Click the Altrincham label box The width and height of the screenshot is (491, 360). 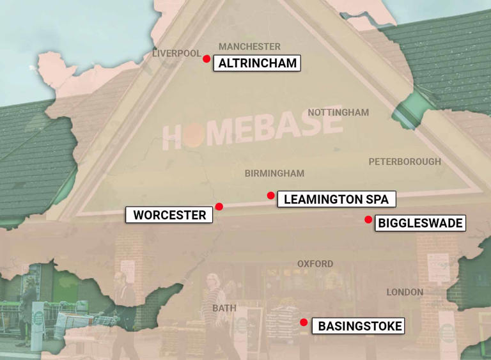(257, 63)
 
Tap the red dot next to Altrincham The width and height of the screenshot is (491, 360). (207, 59)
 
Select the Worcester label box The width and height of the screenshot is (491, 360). (169, 215)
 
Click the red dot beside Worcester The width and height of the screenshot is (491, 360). (219, 207)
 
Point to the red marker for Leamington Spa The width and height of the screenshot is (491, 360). (271, 196)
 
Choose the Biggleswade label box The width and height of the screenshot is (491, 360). (419, 223)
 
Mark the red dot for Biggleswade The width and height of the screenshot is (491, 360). (368, 220)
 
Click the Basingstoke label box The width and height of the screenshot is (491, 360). (360, 326)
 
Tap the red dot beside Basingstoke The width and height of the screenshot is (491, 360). (304, 322)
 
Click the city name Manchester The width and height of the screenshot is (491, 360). (249, 47)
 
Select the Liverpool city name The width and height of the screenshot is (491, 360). (176, 54)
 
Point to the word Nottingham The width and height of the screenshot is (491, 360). (338, 113)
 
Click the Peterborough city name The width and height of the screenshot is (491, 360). (405, 162)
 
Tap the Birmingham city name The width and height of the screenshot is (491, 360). (274, 173)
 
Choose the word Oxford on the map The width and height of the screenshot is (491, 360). (315, 263)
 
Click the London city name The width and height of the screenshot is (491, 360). (405, 292)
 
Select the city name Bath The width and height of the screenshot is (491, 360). (224, 308)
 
